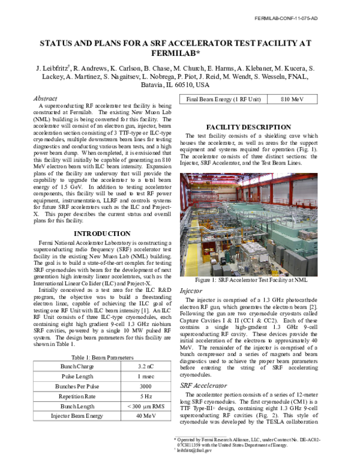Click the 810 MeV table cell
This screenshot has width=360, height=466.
click(294, 98)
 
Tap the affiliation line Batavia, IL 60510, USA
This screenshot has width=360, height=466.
click(180, 85)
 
